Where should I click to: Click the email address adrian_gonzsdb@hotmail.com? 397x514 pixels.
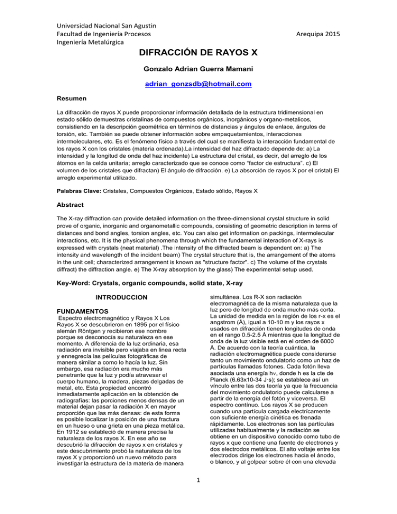tap(198, 83)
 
